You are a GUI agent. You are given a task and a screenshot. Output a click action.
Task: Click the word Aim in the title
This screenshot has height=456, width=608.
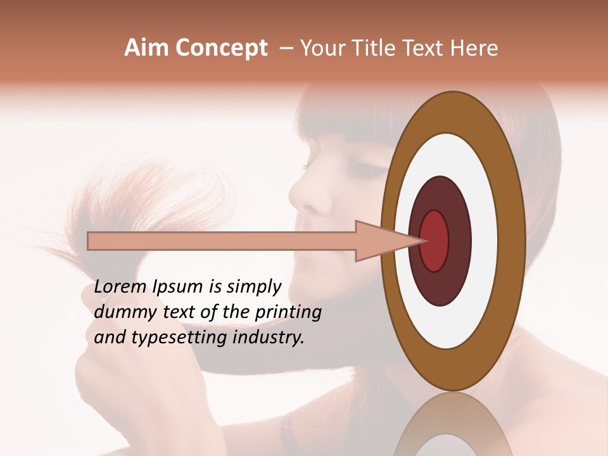(x=147, y=48)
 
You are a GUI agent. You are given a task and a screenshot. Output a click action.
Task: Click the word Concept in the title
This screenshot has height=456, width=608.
(x=222, y=49)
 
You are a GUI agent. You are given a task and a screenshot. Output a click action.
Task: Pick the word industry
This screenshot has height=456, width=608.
(x=269, y=338)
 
